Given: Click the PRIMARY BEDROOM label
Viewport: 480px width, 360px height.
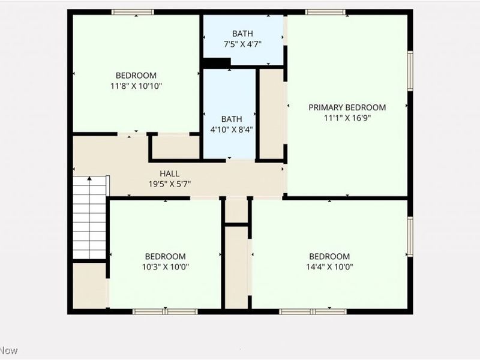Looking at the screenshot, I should tap(347, 107).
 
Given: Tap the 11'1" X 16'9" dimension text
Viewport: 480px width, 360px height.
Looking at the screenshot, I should tap(347, 118).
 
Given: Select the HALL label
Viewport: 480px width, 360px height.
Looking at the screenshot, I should tap(169, 173).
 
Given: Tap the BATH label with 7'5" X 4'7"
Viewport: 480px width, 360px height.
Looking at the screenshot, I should tap(242, 34).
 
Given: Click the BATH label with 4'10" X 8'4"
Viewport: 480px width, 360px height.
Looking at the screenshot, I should tap(231, 119).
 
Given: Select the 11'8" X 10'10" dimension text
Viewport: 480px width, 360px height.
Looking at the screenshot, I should tap(136, 86).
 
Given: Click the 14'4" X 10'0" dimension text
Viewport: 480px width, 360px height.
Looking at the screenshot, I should tap(329, 267).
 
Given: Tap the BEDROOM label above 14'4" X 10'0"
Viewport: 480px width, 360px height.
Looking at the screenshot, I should tap(329, 256).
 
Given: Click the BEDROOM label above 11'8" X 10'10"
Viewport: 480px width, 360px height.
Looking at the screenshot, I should tap(136, 76).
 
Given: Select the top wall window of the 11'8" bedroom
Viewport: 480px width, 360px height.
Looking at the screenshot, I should tap(133, 11).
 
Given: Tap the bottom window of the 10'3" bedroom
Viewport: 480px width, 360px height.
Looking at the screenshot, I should tap(165, 311).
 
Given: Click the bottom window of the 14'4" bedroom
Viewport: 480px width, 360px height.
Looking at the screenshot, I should tap(313, 311).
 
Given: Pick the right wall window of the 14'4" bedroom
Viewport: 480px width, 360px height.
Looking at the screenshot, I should tap(410, 237).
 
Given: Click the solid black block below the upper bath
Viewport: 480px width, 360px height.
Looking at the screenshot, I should tap(217, 62).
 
